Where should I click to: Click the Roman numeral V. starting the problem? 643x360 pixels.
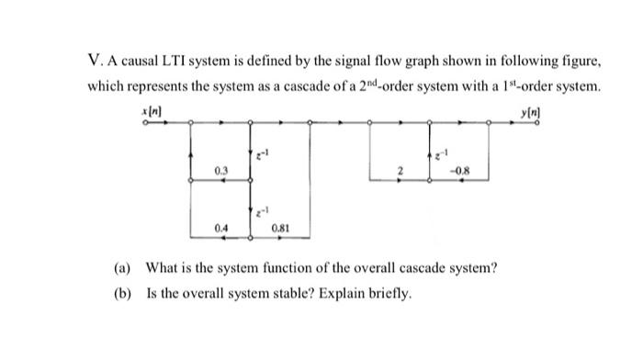pyautogui.click(x=94, y=62)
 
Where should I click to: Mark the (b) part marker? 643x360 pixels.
pyautogui.click(x=122, y=295)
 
